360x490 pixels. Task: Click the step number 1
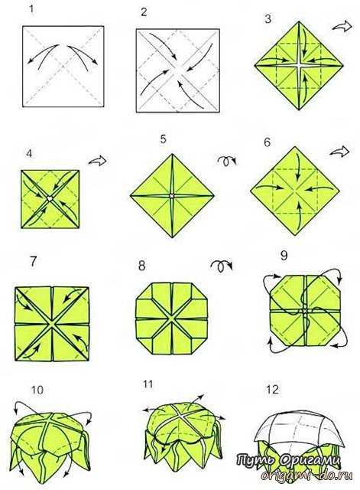coord(31,8)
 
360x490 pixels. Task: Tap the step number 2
coord(144,12)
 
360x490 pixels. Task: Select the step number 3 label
coord(268,19)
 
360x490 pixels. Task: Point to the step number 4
coord(29,153)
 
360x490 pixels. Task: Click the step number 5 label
coord(163,139)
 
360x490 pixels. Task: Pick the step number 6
coord(268,142)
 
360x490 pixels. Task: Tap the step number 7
coord(34,262)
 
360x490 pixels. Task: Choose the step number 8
coord(141,266)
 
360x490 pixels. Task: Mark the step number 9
coord(284,255)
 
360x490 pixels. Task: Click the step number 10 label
coord(37,390)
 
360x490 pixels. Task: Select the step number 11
coord(148,384)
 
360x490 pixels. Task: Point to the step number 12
coord(272,390)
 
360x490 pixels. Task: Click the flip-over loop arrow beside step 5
coord(227,161)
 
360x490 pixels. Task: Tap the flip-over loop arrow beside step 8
coord(222,266)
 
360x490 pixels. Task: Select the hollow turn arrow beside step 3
coord(342,26)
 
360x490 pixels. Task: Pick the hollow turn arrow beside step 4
coord(98,161)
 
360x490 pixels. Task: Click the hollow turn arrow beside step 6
coord(339,152)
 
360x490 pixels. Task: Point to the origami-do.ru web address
coord(306,475)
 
